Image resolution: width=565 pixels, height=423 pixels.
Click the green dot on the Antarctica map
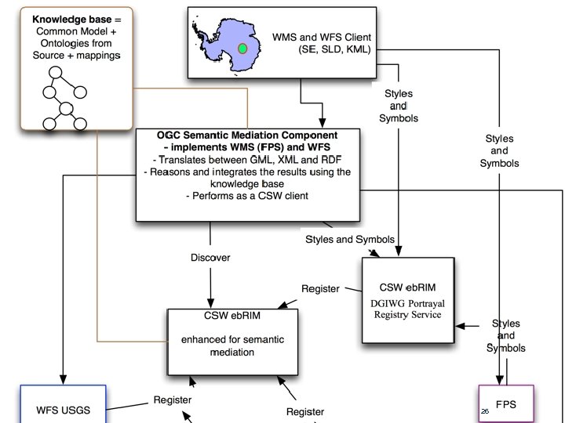coord(242,49)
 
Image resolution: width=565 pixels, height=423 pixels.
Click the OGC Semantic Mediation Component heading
coord(247,136)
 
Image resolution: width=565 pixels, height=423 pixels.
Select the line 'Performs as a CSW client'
coord(247,196)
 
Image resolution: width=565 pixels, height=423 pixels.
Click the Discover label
coord(210,257)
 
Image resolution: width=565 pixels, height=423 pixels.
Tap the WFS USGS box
coord(63,409)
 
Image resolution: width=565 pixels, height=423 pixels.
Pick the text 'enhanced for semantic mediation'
coord(233,346)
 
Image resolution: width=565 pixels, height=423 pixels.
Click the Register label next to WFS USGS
coord(172,400)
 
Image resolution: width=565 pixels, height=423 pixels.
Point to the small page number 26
coord(484,411)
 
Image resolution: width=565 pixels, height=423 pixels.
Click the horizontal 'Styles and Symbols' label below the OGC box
coord(349,239)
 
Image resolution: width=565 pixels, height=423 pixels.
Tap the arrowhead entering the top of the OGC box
coord(321,125)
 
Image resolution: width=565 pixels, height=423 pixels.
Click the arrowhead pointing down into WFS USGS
coord(62,378)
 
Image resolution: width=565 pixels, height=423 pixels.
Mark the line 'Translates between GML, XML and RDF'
coord(247,159)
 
